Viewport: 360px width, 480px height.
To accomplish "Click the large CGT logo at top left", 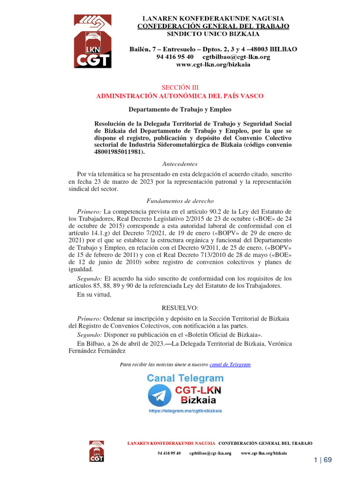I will pyautogui.click(x=92, y=41).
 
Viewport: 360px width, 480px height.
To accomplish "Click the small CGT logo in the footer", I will pyautogui.click(x=97, y=450).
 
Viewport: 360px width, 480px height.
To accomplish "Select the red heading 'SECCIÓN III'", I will pyautogui.click(x=180, y=88).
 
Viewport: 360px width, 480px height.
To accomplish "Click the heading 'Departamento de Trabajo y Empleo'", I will pyautogui.click(x=180, y=110).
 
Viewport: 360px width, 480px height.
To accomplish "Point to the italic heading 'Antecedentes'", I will pyautogui.click(x=180, y=164).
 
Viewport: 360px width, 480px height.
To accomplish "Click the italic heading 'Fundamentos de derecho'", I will pyautogui.click(x=180, y=201).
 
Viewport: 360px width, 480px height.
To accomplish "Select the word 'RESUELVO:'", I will pyautogui.click(x=180, y=307).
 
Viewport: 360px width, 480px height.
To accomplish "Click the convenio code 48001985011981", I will pyautogui.click(x=119, y=152).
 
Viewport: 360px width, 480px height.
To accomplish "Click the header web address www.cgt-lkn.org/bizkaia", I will pyautogui.click(x=213, y=65).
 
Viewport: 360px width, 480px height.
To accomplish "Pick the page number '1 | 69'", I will pyautogui.click(x=322, y=460).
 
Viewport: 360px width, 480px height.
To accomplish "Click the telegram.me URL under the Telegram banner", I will pyautogui.click(x=185, y=411).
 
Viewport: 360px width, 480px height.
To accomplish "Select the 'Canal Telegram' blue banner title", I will pyautogui.click(x=185, y=378).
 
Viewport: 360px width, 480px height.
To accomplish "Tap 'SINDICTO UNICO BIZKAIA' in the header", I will pyautogui.click(x=213, y=34).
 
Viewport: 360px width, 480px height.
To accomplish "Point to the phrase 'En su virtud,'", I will pyautogui.click(x=94, y=295).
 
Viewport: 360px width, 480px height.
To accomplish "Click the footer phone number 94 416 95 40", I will pyautogui.click(x=169, y=453).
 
